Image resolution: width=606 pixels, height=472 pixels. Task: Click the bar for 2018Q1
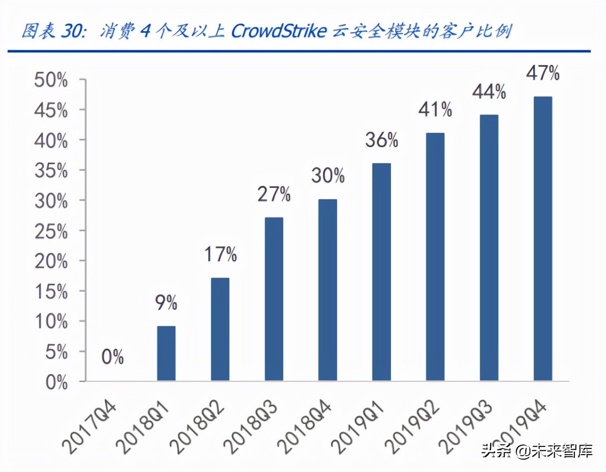(166, 353)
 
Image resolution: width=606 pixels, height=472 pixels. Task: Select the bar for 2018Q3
(274, 299)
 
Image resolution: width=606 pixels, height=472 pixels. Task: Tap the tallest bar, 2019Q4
(543, 239)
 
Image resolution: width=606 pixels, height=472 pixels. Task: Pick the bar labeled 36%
(381, 272)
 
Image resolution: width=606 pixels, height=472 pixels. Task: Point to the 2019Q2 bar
(435, 257)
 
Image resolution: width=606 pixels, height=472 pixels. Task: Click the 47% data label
(543, 73)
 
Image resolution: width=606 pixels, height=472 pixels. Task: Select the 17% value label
(220, 254)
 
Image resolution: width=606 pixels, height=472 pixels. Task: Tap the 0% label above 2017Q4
(113, 357)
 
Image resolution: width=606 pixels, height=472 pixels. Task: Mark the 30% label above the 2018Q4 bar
(328, 175)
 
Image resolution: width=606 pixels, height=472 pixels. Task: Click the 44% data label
(489, 91)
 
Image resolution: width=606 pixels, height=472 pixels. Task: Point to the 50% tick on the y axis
(51, 80)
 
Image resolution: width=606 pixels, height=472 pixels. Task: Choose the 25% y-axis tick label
(51, 231)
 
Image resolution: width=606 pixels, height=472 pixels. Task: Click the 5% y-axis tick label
(56, 352)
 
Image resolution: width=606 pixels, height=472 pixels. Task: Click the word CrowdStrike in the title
(279, 31)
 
